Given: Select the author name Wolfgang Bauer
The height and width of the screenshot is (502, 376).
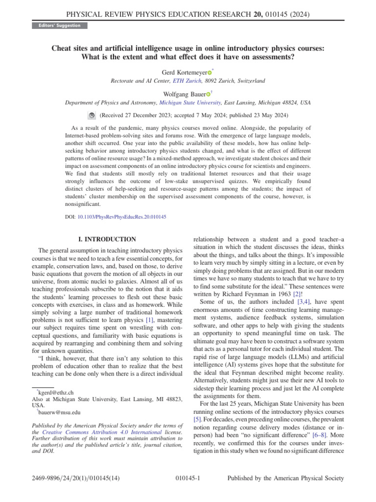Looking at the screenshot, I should tap(185, 93).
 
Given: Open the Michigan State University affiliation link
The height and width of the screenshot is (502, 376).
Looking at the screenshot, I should tap(190, 103).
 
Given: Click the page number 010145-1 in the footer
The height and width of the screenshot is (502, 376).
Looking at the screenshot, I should tap(188, 478).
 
